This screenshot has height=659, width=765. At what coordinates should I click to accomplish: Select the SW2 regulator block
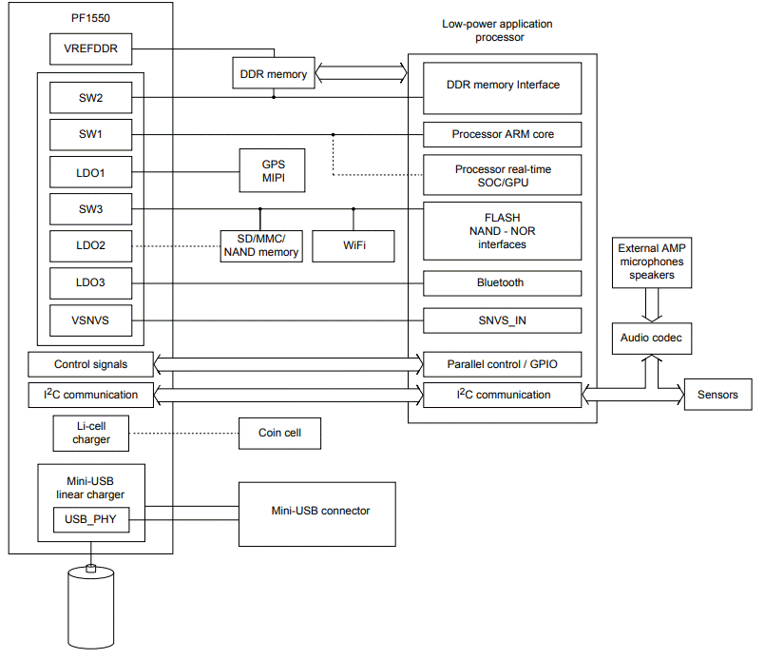point(90,97)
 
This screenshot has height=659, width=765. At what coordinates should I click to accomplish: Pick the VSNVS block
point(90,320)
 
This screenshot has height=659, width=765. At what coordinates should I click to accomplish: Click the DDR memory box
point(273,74)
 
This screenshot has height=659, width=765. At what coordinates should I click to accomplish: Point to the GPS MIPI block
point(273,171)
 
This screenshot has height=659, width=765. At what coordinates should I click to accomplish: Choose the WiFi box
point(353,245)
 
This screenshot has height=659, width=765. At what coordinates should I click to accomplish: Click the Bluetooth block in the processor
point(502,282)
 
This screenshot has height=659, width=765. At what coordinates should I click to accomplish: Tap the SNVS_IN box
point(502,320)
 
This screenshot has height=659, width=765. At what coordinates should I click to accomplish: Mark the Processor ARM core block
point(502,134)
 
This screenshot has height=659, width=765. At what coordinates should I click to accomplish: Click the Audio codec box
point(650,339)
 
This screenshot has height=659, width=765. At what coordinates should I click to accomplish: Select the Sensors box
point(717,395)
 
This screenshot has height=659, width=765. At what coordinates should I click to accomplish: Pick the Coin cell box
point(280,434)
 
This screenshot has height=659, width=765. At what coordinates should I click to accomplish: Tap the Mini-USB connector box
point(316,512)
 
